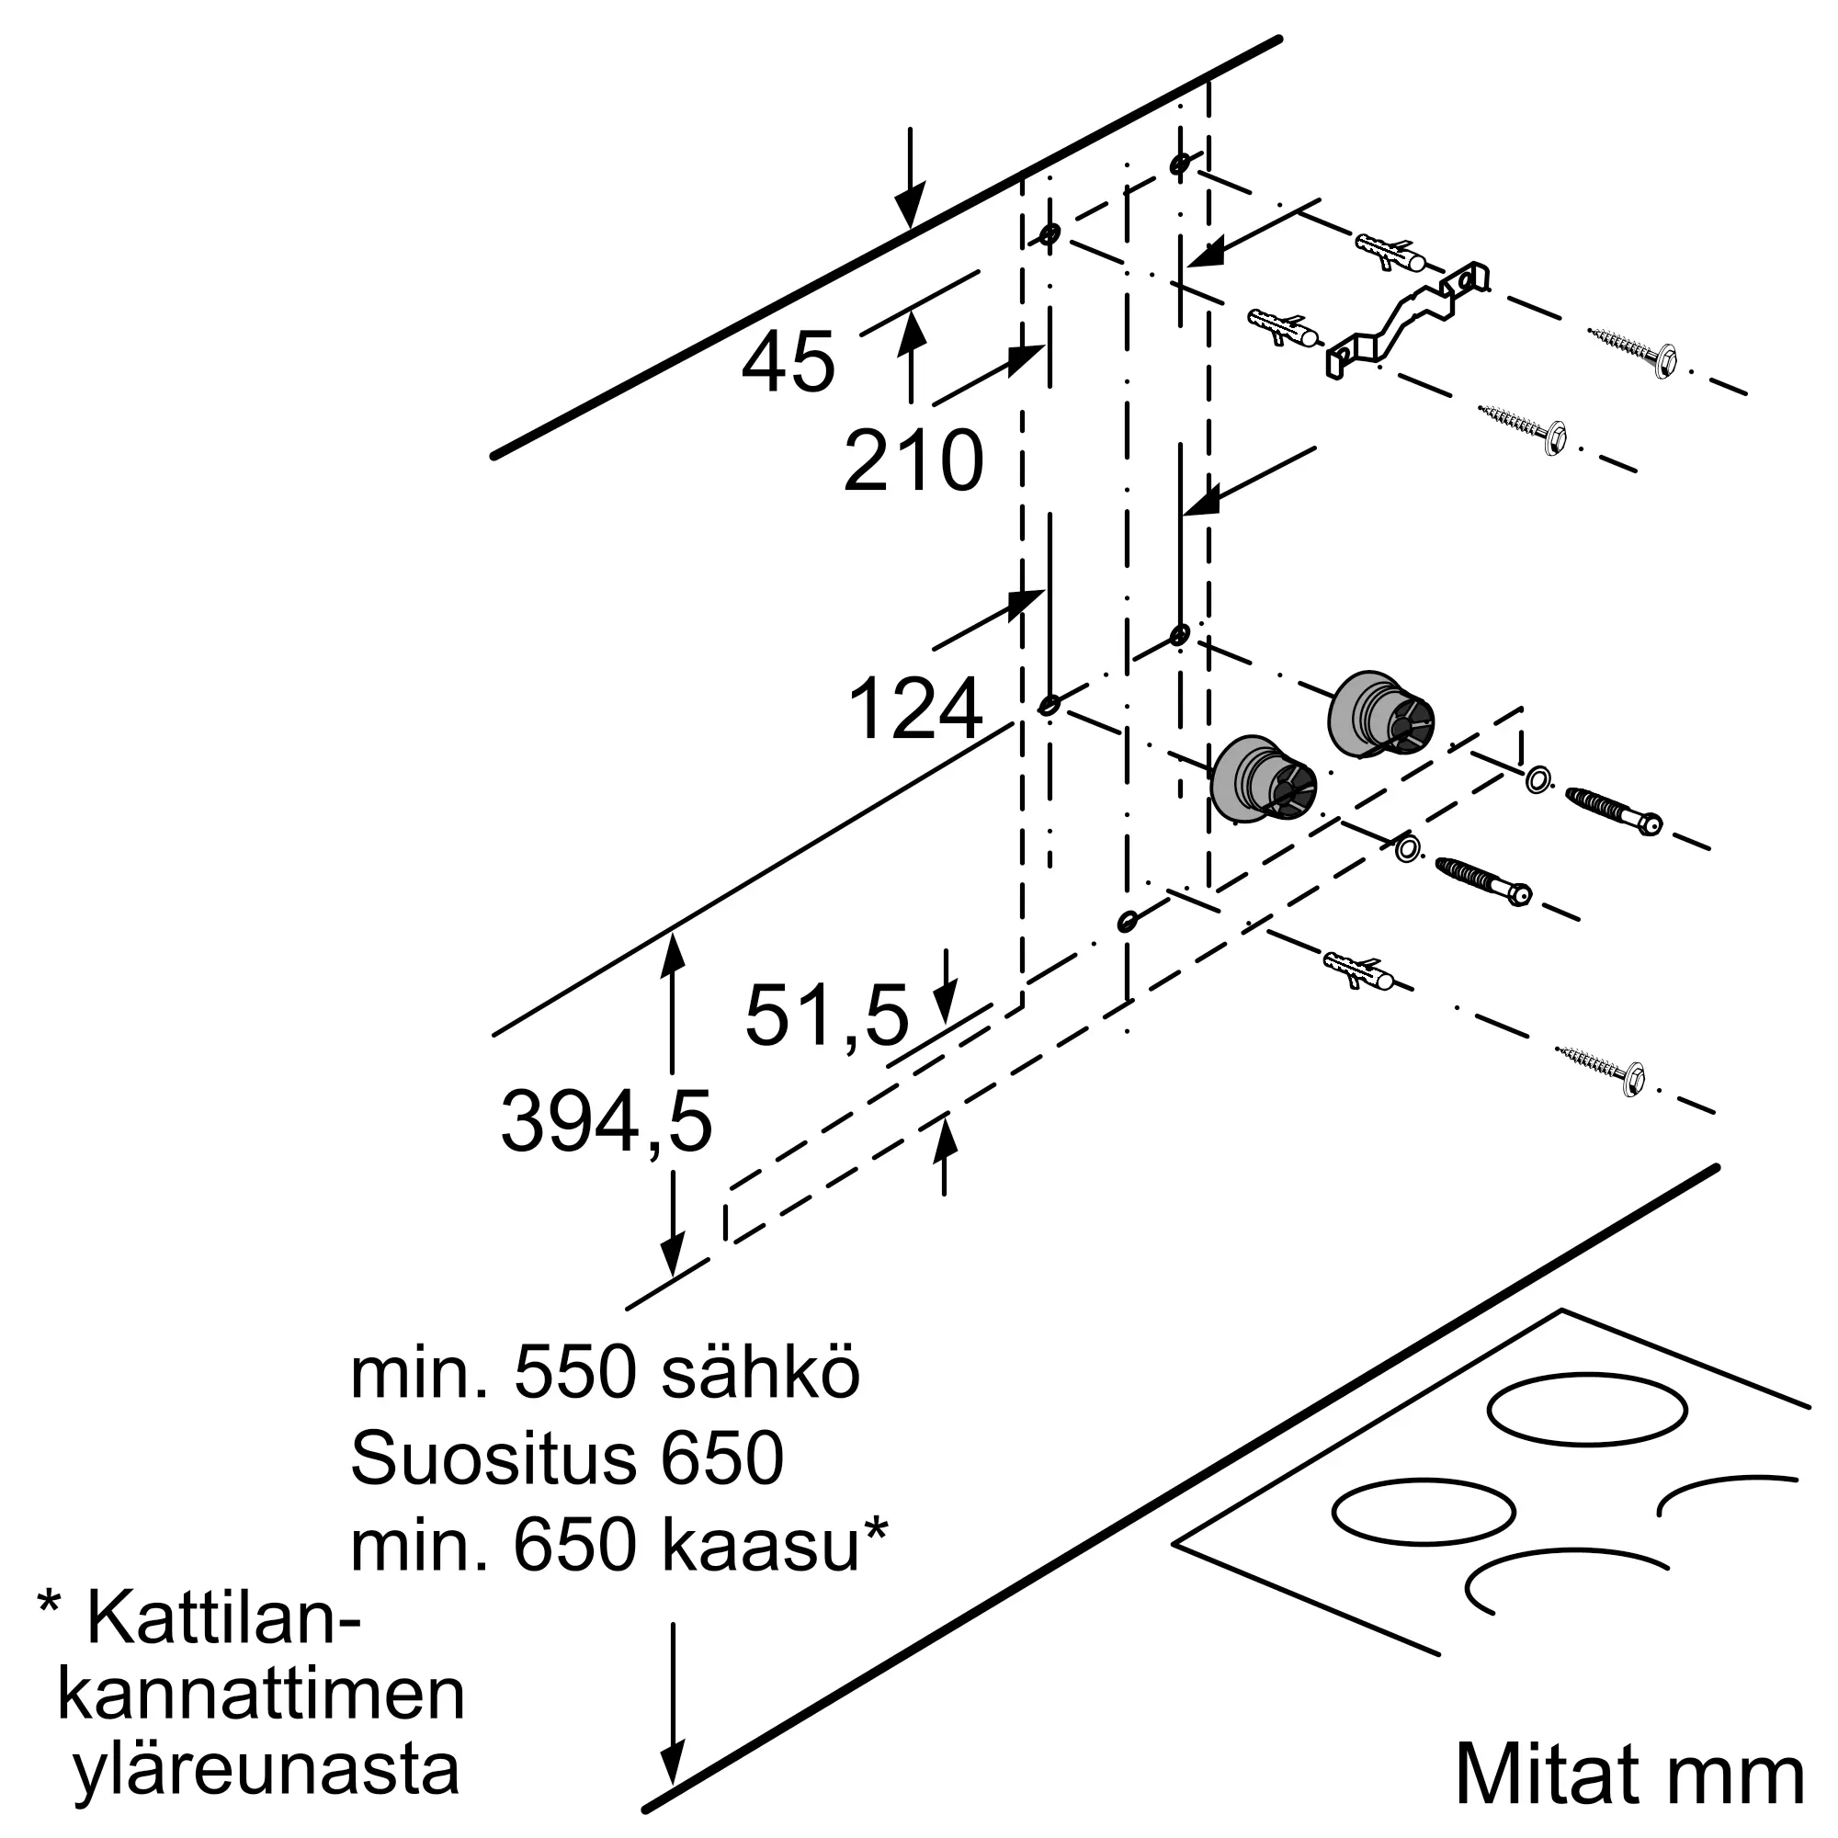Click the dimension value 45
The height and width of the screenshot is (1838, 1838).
point(788,362)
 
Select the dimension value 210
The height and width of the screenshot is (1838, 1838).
point(913,461)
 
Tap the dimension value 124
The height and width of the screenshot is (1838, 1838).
point(914,709)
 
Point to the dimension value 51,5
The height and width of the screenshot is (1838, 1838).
point(827,1015)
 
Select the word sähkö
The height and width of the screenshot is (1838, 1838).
point(760,1374)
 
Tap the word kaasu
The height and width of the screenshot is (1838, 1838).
point(761,1545)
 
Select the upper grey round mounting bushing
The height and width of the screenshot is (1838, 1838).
point(1378,715)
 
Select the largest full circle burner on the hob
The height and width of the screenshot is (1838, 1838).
point(1586,1410)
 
